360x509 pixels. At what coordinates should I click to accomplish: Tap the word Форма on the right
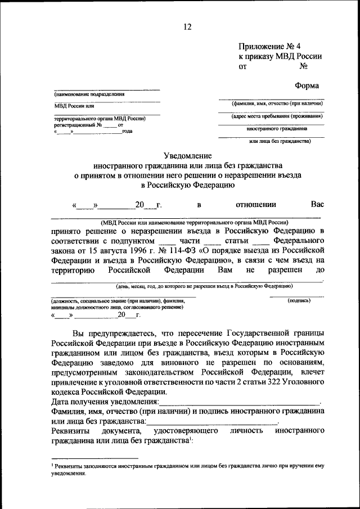tap(307, 86)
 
